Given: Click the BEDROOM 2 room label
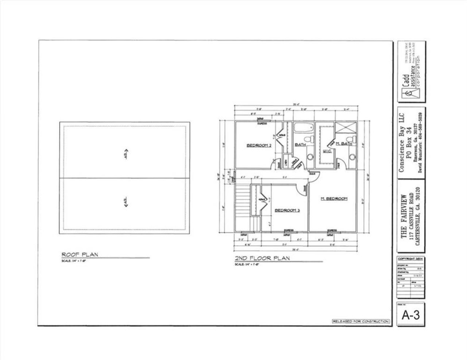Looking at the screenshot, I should [x=259, y=145].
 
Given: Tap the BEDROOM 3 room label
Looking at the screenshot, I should [x=287, y=210].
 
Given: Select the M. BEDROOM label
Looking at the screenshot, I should [x=334, y=199].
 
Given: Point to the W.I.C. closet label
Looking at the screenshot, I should [x=327, y=151].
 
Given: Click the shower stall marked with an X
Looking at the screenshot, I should [x=344, y=128].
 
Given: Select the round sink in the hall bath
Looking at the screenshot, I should [x=310, y=157].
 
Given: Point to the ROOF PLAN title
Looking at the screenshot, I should [x=80, y=254].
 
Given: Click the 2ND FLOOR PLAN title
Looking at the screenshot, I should [x=262, y=258].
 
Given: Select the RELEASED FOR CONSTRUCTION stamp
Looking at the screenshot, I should [x=360, y=321].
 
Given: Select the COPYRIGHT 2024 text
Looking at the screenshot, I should [x=410, y=258].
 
